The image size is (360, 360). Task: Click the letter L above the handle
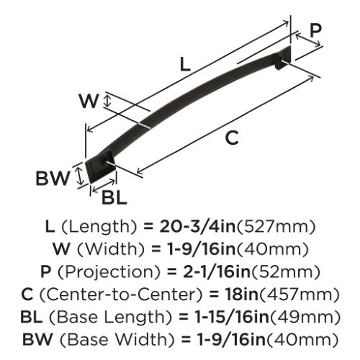pos(185,64)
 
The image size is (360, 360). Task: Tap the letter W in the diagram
pos(89,102)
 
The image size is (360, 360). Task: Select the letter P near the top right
pos(315,31)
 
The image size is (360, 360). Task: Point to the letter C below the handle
pos(233,138)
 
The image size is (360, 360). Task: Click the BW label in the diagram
pos(53,179)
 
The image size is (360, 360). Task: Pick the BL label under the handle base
pos(114,198)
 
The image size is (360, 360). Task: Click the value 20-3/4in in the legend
pos(197,227)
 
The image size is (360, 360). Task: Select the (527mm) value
pos(276,227)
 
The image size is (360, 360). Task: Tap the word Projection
pos(109,272)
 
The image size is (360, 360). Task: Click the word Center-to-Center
pos(120,294)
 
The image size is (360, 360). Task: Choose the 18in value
pos(241,294)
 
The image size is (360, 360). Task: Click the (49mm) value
pos(305,318)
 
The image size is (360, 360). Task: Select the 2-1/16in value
pos(217,272)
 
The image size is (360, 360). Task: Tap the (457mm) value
pos(300,294)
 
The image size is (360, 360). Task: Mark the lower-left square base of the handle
pos(101,167)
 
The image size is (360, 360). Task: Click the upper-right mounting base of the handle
pos(282,58)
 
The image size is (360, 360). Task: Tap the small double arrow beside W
pos(107,101)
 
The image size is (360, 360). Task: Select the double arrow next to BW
pos(78,176)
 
